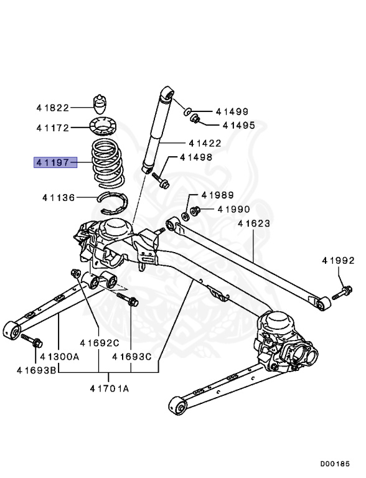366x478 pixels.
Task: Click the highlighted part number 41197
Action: click(x=53, y=163)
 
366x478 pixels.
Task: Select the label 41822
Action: click(x=53, y=108)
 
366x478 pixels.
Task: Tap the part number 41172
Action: click(x=53, y=128)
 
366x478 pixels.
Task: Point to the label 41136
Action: click(x=59, y=198)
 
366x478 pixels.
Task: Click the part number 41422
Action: click(x=205, y=143)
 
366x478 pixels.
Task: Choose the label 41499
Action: click(x=232, y=111)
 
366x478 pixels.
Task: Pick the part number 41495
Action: click(x=239, y=125)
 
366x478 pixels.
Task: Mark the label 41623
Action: click(x=254, y=223)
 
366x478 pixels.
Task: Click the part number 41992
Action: click(x=339, y=261)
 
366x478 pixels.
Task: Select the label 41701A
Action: click(x=110, y=388)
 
